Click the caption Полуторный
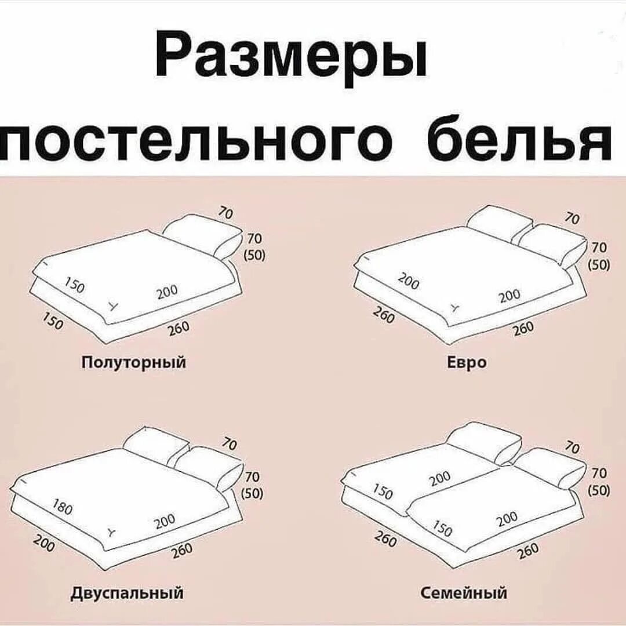pyautogui.click(x=133, y=363)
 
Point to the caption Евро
pyautogui.click(x=458, y=363)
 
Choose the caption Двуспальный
pyautogui.click(x=128, y=593)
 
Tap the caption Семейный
pyautogui.click(x=464, y=593)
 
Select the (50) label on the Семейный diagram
pyautogui.click(x=598, y=490)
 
